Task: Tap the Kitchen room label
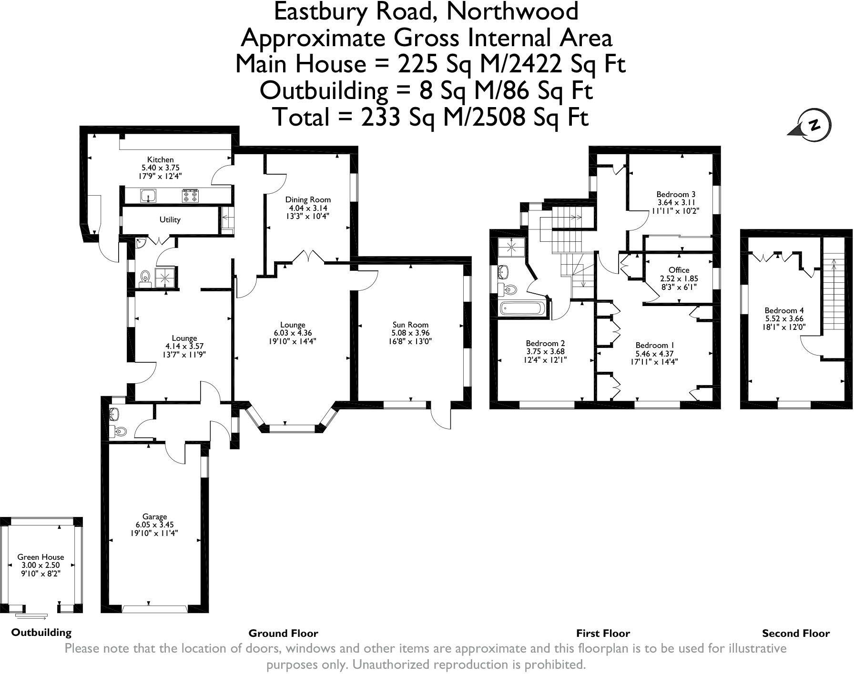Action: [161, 159]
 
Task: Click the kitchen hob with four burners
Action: [190, 195]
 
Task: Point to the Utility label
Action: [170, 220]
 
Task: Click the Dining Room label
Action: [308, 200]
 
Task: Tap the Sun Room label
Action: [410, 325]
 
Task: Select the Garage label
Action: [155, 516]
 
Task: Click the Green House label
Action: [41, 557]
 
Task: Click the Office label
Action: [679, 270]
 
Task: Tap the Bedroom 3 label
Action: [676, 194]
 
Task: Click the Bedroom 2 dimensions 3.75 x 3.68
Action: [545, 352]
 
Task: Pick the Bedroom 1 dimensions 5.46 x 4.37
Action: [655, 354]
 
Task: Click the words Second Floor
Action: [796, 634]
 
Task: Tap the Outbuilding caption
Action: [41, 633]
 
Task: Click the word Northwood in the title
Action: [512, 11]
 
